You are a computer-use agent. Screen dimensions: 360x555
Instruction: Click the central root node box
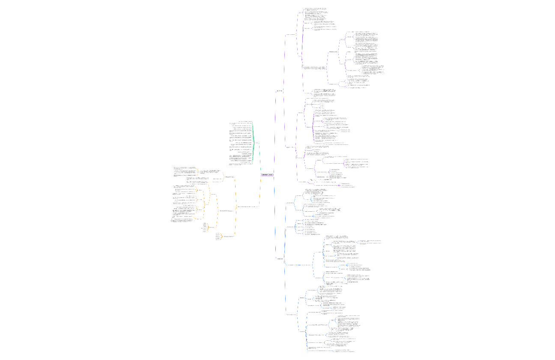coord(268,175)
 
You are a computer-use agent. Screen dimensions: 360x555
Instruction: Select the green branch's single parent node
coord(257,143)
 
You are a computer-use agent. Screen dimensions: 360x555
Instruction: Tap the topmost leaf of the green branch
coord(245,122)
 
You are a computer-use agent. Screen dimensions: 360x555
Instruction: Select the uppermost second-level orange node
coord(229,177)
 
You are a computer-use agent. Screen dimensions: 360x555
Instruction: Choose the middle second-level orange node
coord(225,211)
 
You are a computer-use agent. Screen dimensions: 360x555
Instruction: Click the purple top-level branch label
coord(280,91)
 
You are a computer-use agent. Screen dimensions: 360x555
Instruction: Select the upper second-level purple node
coord(290,34)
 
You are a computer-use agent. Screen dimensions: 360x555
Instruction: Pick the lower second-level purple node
coord(289,147)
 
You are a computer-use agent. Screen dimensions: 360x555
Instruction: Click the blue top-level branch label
coord(280,259)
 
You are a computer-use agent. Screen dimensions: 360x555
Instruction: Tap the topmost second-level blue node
coord(290,203)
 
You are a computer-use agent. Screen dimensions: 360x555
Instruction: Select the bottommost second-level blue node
coord(292,315)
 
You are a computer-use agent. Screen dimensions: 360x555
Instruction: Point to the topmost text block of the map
coord(315,9)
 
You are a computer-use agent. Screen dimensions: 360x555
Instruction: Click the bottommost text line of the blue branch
coord(343,352)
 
